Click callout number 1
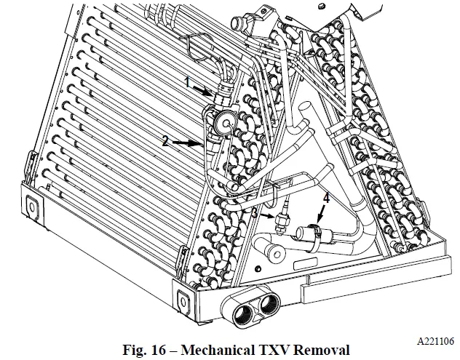(x=188, y=84)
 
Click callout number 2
(x=167, y=141)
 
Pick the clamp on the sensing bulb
(x=310, y=234)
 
